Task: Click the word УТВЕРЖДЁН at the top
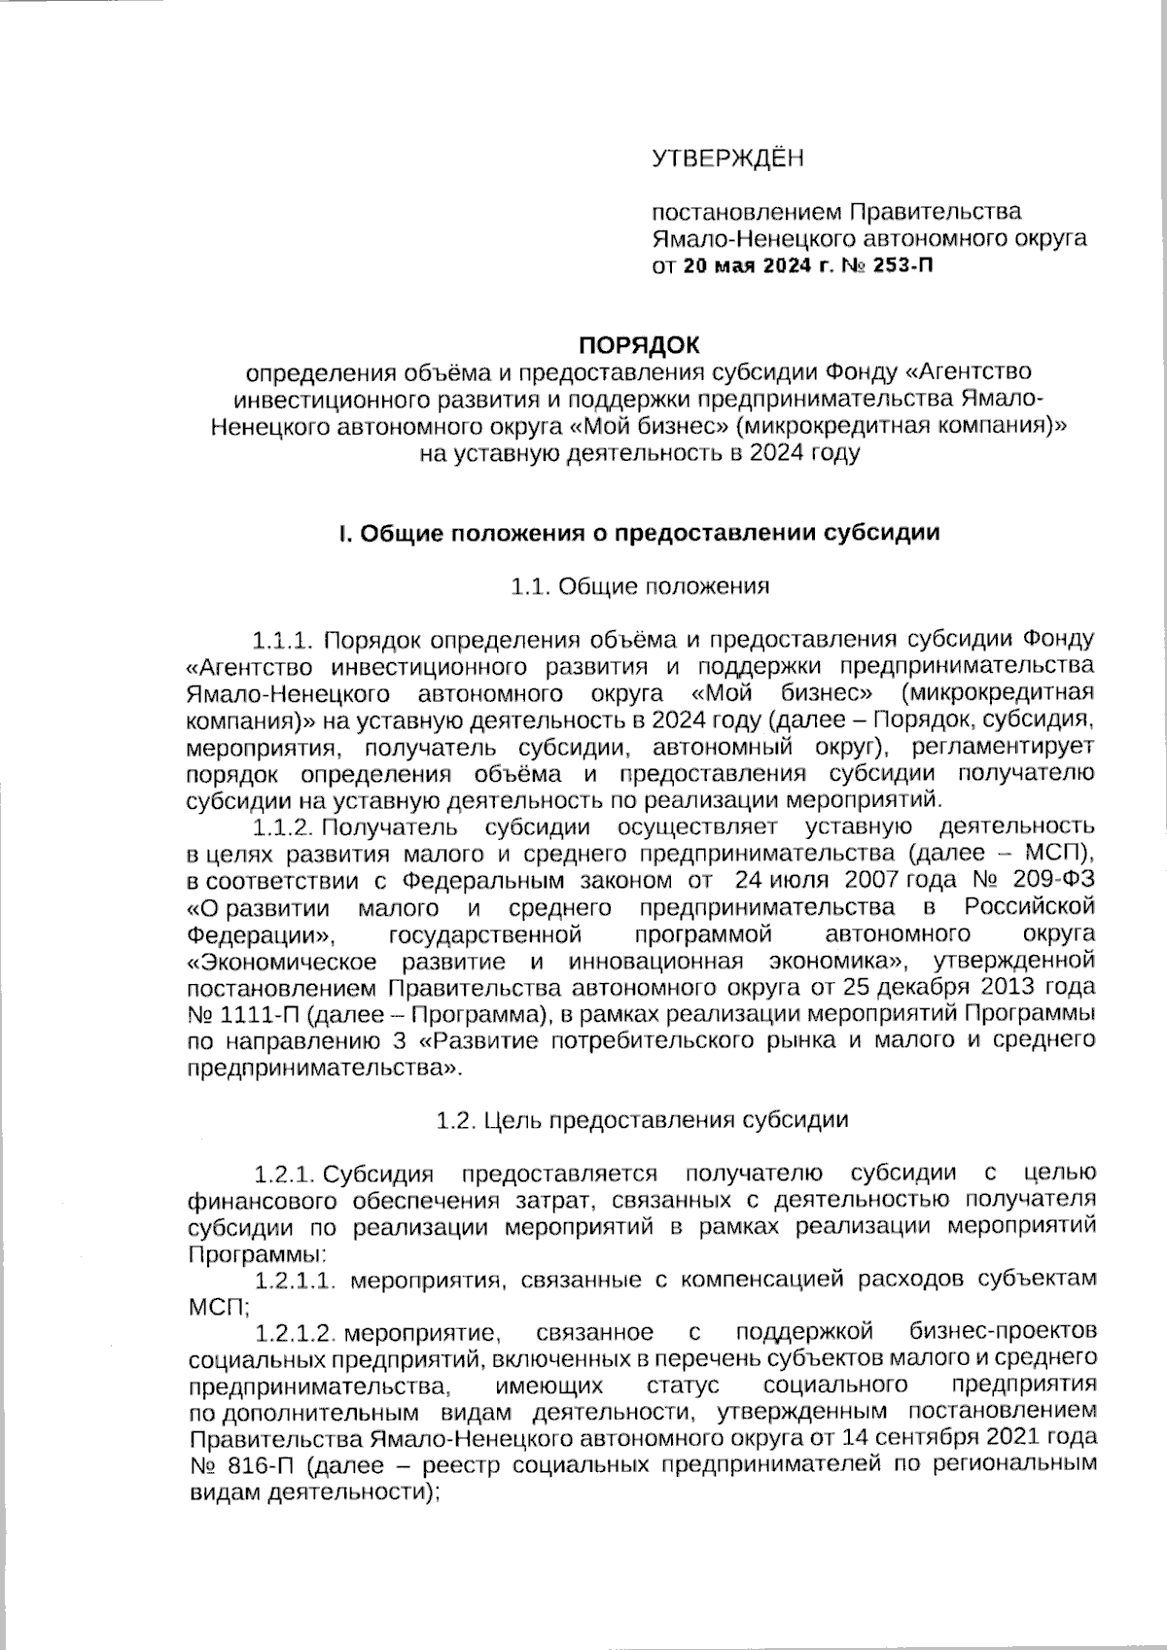pyautogui.click(x=727, y=158)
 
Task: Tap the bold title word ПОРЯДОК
pyautogui.click(x=639, y=344)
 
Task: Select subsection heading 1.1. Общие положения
pyautogui.click(x=640, y=586)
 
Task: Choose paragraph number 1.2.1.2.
pyautogui.click(x=295, y=1330)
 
